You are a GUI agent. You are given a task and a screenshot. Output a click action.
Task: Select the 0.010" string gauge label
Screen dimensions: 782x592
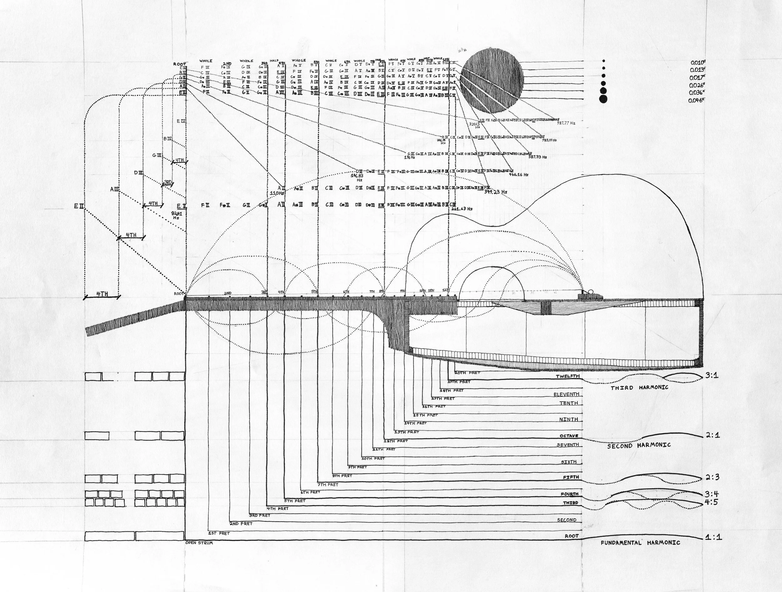[698, 63]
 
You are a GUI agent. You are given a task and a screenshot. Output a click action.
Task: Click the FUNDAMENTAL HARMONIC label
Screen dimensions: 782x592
[640, 542]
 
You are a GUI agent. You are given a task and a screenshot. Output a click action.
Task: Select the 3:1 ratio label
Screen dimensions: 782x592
[712, 375]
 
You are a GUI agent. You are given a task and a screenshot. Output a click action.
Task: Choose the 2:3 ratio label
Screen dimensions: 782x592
[712, 477]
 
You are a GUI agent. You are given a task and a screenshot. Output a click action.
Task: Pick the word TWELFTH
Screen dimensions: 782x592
[568, 376]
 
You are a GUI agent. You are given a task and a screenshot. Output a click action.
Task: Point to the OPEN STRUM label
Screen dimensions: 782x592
[199, 543]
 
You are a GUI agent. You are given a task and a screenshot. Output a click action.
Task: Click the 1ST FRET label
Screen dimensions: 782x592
[219, 533]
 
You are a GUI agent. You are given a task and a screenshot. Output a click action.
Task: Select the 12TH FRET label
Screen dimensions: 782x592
[396, 441]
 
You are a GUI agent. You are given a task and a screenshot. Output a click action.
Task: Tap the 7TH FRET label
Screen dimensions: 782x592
[328, 484]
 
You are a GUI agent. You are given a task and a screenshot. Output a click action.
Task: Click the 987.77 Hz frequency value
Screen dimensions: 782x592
[566, 123]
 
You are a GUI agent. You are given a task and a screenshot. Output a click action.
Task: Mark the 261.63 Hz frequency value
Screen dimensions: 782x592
[462, 209]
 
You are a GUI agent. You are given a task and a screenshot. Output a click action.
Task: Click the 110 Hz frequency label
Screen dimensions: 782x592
[277, 193]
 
